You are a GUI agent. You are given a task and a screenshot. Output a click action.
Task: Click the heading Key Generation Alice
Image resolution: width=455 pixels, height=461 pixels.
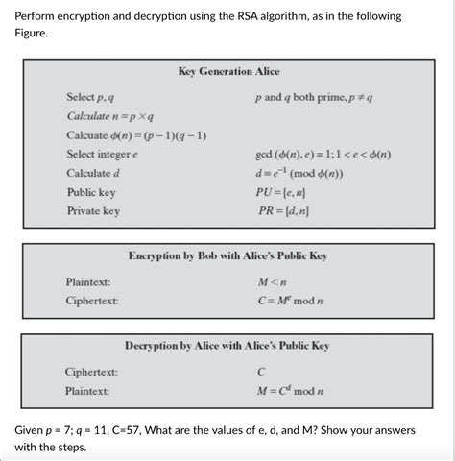(227, 72)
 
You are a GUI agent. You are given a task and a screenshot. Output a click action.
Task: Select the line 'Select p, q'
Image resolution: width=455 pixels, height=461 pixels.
(91, 98)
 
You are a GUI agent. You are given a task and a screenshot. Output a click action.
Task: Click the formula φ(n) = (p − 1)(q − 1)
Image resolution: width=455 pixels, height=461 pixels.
(136, 134)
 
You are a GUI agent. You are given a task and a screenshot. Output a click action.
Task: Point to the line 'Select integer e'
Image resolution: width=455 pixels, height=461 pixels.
(103, 154)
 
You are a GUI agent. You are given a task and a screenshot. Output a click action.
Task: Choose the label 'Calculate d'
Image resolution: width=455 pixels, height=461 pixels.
(93, 173)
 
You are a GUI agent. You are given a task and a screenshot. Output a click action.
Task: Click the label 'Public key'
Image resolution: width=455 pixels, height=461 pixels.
(91, 192)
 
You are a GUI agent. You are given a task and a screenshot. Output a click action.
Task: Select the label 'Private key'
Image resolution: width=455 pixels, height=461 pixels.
(93, 210)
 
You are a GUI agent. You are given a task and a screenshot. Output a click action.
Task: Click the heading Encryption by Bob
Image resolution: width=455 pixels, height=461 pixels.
(227, 256)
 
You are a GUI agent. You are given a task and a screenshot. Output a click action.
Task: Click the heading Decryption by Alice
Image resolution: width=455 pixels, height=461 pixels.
(227, 346)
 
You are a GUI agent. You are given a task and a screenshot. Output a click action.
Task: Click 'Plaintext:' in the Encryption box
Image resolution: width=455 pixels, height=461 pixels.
(87, 282)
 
